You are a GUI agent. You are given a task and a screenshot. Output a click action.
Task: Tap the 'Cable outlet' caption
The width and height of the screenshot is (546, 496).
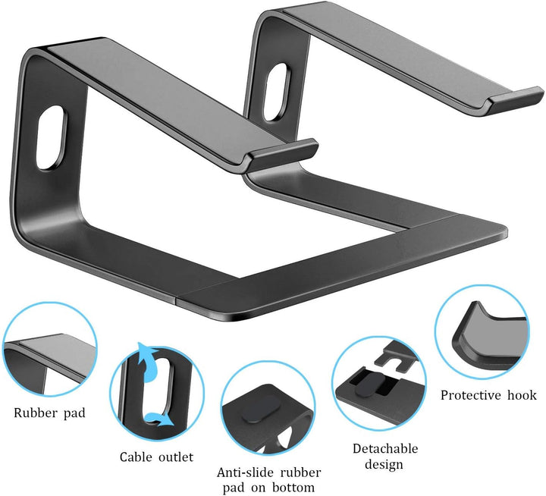(x=156, y=457)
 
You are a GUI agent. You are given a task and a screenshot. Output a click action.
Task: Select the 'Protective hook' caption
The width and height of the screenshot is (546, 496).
(x=488, y=395)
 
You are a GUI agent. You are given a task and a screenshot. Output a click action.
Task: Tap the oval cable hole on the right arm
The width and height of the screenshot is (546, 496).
(x=278, y=81)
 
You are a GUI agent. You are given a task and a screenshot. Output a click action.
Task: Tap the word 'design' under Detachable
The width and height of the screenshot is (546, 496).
(x=383, y=464)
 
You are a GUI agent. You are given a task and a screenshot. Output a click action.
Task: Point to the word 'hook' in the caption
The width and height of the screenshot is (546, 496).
(x=522, y=395)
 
